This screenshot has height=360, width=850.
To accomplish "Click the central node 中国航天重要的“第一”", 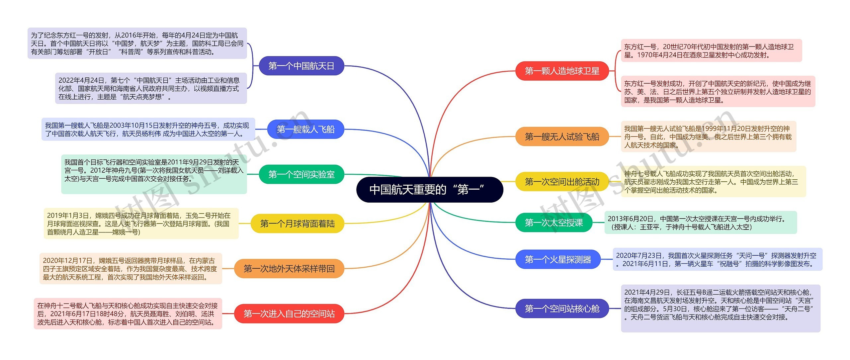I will [x=429, y=190].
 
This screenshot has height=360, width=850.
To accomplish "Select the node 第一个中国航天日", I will [x=301, y=66].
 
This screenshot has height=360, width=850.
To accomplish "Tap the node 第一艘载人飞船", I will [x=305, y=129].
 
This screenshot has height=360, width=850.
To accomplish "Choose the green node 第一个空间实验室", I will [x=301, y=174].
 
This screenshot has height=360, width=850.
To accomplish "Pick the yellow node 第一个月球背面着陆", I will [x=297, y=224].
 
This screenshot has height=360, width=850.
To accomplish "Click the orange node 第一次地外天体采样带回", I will [x=289, y=269].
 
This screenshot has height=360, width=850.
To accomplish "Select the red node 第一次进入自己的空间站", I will [x=289, y=314].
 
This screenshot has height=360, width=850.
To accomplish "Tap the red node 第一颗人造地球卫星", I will [x=562, y=71].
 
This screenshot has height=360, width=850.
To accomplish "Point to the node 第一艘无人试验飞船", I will [x=562, y=136].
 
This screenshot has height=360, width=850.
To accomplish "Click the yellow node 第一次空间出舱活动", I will [x=562, y=182].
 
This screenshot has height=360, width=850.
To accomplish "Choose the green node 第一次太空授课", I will [x=553, y=223].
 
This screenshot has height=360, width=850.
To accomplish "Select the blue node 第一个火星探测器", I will [x=558, y=259].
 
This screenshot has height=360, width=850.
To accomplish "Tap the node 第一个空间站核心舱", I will [x=562, y=309].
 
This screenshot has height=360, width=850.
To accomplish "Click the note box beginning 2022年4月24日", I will [x=151, y=88].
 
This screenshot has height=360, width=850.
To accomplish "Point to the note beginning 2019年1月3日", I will [x=141, y=224].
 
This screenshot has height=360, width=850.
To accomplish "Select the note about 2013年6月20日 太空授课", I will [x=700, y=223].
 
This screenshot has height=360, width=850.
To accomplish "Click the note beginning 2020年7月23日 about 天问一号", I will [x=717, y=259].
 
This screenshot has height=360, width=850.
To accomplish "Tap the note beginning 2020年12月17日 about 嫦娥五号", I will [x=130, y=269].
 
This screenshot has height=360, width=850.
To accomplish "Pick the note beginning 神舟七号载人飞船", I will [x=713, y=182].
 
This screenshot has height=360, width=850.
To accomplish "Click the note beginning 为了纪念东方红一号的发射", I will [x=137, y=43].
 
